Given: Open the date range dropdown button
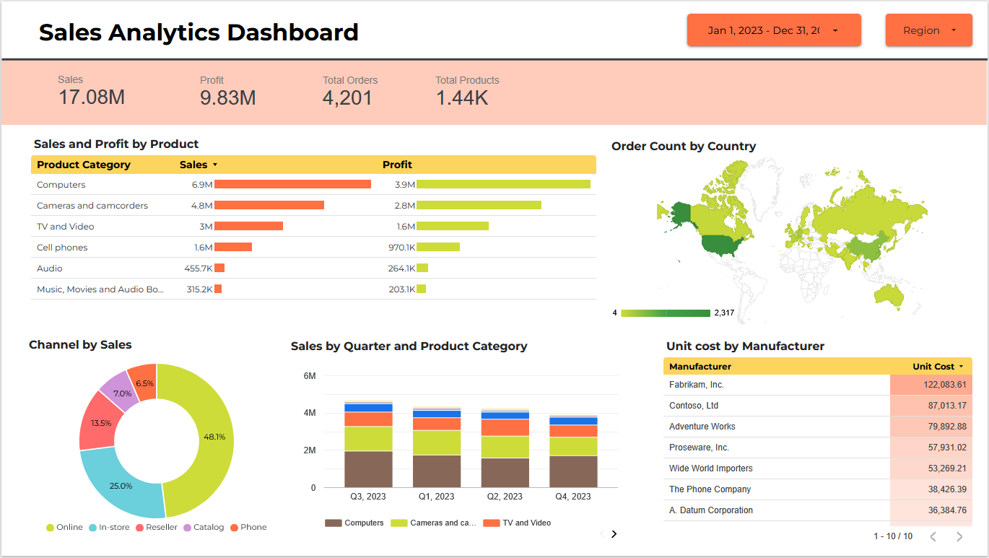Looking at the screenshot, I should [773, 30].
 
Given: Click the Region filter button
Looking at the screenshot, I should [928, 30].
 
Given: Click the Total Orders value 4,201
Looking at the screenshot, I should [347, 98].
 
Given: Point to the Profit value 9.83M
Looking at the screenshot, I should [227, 98].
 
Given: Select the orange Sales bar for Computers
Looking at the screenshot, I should [292, 185].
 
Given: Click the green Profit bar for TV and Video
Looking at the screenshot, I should [453, 227].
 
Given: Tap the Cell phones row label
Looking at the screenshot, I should [62, 248].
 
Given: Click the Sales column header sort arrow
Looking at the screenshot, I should [215, 165].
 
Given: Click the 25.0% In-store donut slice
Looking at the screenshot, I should [121, 485].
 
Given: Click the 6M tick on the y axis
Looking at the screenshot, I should [310, 376].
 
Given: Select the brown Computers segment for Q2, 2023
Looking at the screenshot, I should [505, 473].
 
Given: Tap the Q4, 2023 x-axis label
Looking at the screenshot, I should [573, 497].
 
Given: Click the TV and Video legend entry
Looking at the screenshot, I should [526, 523].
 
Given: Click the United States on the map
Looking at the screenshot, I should [722, 246].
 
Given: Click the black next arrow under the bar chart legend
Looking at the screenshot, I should [614, 534].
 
